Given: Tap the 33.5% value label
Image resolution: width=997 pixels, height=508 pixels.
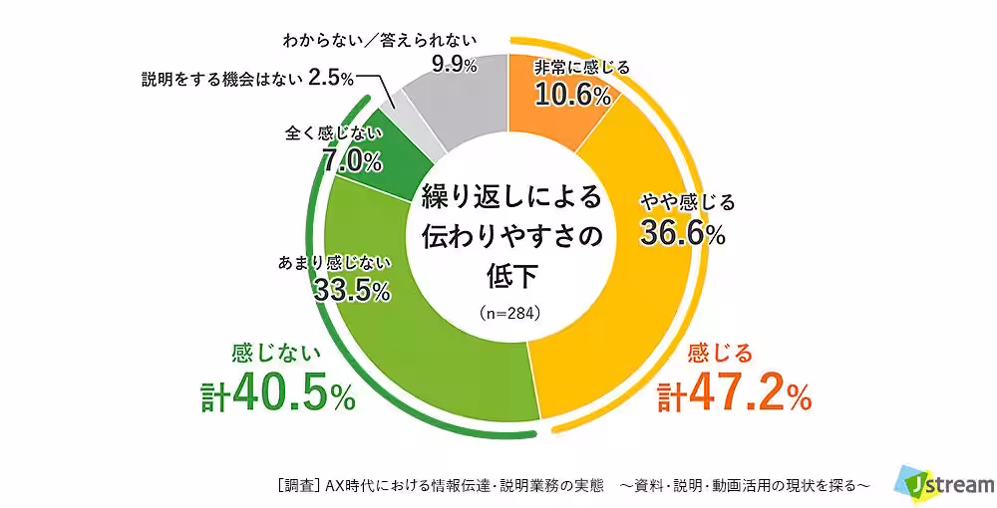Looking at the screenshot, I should click(350, 290).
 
